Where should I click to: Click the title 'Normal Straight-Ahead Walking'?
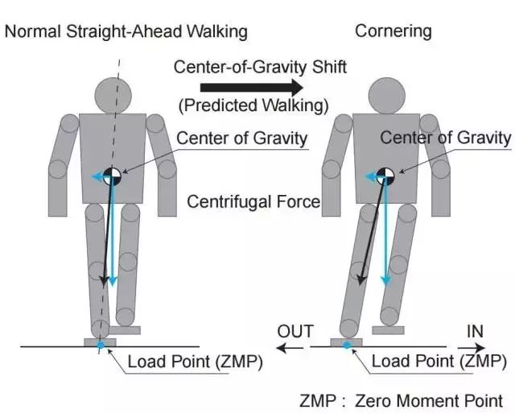click(126, 31)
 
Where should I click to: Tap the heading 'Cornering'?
click(393, 31)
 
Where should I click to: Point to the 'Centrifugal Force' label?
click(253, 201)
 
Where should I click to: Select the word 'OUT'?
click(295, 331)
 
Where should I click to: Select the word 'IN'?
click(476, 331)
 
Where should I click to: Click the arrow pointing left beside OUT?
click(291, 348)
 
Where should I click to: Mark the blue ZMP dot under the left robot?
click(101, 346)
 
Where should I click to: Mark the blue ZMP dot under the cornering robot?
click(347, 346)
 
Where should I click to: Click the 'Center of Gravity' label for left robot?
click(242, 139)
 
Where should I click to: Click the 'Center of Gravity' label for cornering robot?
click(446, 138)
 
